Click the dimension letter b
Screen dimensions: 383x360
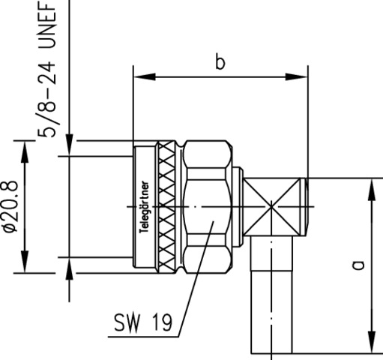click(x=220, y=63)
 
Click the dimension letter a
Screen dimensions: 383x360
click(x=358, y=265)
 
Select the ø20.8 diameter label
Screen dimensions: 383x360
click(x=10, y=206)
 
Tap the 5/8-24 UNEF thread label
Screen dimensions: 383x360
click(x=46, y=69)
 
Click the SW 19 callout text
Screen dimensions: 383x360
click(x=143, y=322)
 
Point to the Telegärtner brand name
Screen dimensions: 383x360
click(x=145, y=207)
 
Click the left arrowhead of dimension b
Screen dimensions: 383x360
click(x=145, y=77)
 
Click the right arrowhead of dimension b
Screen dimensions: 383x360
click(x=297, y=77)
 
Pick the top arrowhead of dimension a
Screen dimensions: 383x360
click(x=372, y=190)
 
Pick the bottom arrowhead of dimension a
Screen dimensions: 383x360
click(x=372, y=342)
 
